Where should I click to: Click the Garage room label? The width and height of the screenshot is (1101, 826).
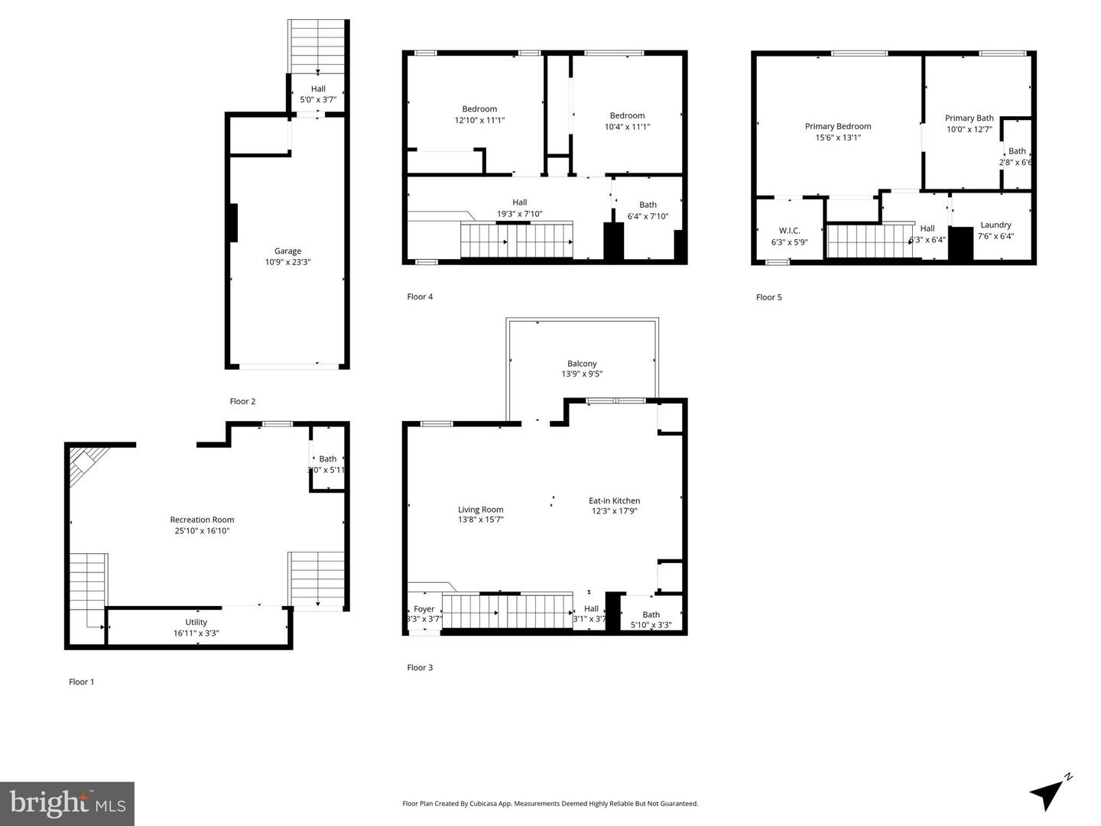[x=287, y=251]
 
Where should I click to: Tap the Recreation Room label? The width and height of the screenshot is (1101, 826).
[x=202, y=520]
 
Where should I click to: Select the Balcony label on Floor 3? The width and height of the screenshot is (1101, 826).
[x=582, y=364]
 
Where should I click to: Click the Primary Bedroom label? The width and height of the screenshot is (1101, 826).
[x=837, y=127]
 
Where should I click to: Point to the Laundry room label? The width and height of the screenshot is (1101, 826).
[x=995, y=225]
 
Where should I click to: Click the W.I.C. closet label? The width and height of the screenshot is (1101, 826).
[x=789, y=231]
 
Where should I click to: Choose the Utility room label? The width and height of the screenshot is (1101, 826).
[x=196, y=622]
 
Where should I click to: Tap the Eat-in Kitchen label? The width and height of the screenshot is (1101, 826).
[x=614, y=501]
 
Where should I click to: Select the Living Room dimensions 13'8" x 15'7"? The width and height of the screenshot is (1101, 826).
[x=480, y=520]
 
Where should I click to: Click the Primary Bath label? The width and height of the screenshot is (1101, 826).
[x=969, y=118]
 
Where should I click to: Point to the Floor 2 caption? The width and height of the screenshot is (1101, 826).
[x=242, y=401]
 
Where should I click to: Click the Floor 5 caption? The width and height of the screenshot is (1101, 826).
[x=768, y=297]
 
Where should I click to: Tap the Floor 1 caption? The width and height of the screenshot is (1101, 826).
[x=81, y=682]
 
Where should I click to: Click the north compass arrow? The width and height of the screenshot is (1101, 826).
[x=1048, y=794]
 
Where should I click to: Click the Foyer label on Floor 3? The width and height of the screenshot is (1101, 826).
[x=424, y=609]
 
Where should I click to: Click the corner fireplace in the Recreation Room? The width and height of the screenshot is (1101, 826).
[x=84, y=464]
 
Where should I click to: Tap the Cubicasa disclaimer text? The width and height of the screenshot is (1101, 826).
[x=550, y=803]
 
